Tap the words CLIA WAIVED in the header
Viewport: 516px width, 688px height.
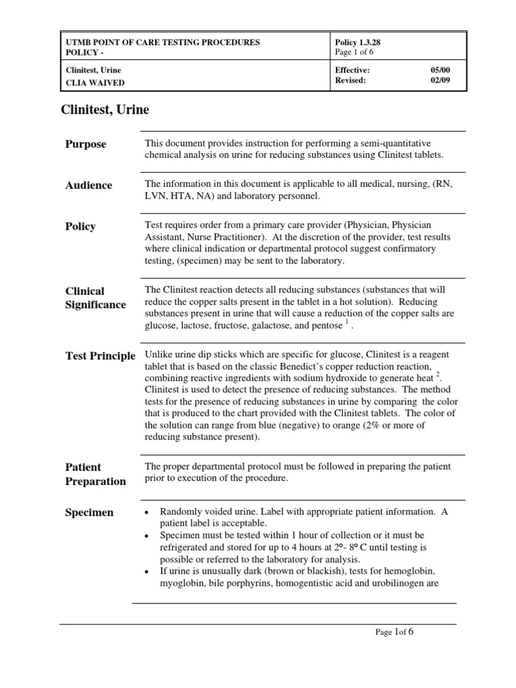pyautogui.click(x=95, y=83)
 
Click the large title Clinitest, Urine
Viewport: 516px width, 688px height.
pyautogui.click(x=105, y=110)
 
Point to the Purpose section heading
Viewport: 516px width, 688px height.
pyautogui.click(x=85, y=144)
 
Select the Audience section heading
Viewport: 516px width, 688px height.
pyautogui.click(x=89, y=185)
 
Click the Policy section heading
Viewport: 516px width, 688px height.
pyautogui.click(x=80, y=226)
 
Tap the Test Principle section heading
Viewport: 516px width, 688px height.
pyautogui.click(x=100, y=356)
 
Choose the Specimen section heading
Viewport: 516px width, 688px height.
pyautogui.click(x=89, y=513)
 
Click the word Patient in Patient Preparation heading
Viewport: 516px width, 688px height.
pyautogui.click(x=83, y=467)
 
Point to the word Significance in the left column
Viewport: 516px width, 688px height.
pyautogui.click(x=95, y=305)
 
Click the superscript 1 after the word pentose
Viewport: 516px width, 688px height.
pyautogui.click(x=346, y=321)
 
